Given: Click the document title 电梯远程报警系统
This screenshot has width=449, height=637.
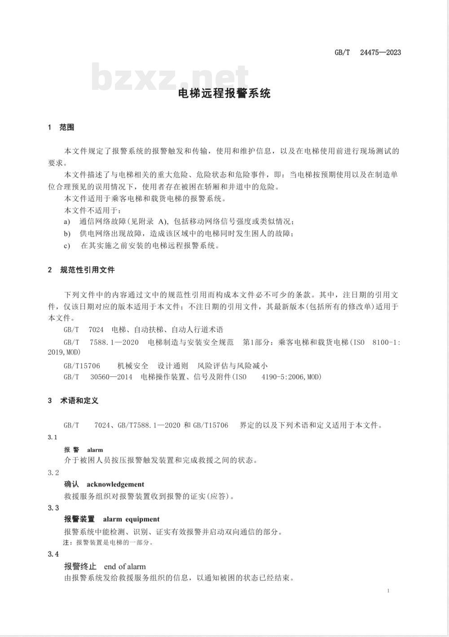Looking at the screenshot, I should coord(224,93).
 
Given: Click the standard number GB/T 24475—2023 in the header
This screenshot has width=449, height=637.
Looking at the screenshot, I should coord(368,53).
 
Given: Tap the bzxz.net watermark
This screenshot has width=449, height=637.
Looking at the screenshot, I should coord(170,77).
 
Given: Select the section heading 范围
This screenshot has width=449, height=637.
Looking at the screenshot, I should coord(66,128).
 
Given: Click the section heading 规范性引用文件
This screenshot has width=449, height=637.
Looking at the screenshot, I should coord(87,270).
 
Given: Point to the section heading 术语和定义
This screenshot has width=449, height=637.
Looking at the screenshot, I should coord(79,400).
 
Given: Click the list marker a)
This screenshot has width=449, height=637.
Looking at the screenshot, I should coord(67,221).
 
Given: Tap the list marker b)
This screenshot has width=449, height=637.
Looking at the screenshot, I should coord(67,234).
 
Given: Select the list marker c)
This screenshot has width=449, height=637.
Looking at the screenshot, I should coord(67,246).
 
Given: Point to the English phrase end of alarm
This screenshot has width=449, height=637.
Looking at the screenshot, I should coord(125,566).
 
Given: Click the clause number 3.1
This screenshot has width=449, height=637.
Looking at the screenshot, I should coord(53,438).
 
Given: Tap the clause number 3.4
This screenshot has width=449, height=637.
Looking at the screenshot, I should coord(53,554).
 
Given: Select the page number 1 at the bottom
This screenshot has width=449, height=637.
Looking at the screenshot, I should coord(388,591).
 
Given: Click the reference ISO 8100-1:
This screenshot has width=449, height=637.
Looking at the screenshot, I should coord(377,342).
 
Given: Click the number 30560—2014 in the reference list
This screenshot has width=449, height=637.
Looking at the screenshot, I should coord(111,377).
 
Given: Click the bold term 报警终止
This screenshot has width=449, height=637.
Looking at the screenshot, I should coord(80,566).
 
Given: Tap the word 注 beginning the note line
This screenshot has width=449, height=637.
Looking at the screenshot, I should coord(67,543).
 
